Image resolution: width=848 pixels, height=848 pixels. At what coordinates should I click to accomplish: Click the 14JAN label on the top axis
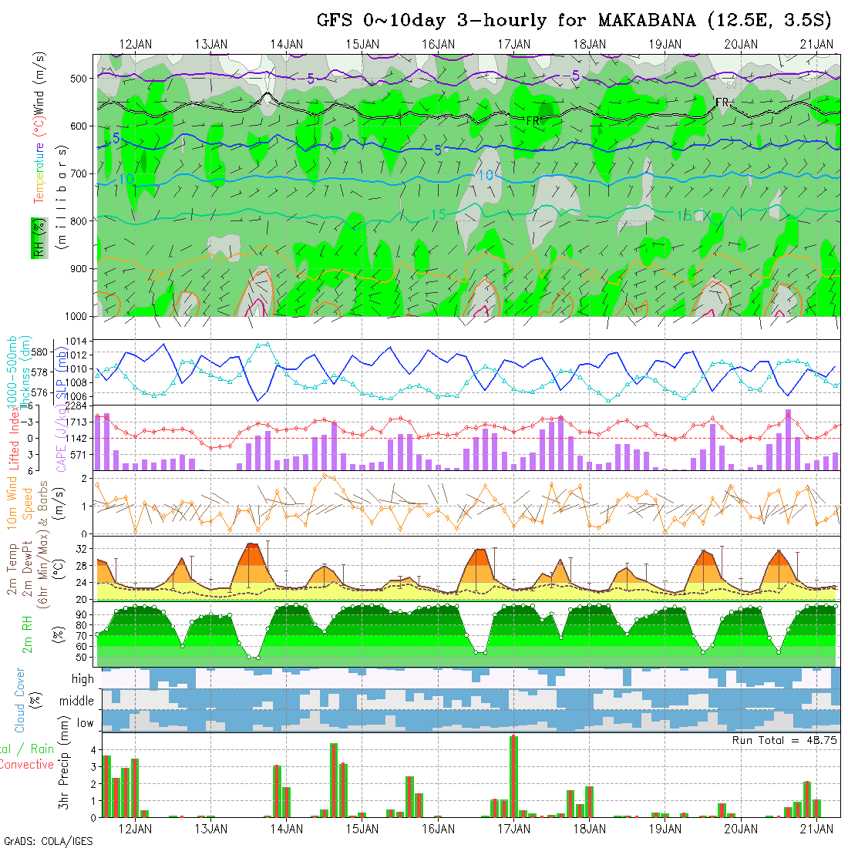pos(287,44)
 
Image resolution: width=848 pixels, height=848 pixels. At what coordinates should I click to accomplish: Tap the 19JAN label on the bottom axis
pos(665,829)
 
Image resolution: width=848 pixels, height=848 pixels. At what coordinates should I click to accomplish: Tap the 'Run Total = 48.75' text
pos(783,740)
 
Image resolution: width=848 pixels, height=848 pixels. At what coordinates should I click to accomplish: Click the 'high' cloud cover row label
pos(82,679)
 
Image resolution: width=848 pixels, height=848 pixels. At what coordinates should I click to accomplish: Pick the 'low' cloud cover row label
pos(85,722)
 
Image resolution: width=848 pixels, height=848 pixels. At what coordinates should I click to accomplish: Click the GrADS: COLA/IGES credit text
pos(48,841)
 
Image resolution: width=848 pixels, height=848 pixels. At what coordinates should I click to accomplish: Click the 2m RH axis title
pos(27,634)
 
